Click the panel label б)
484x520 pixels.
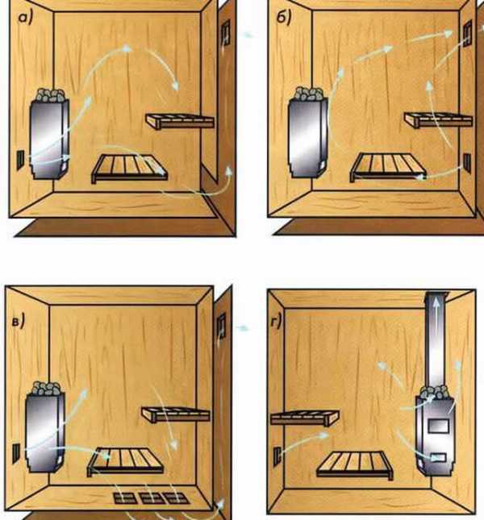pyautogui.click(x=284, y=17)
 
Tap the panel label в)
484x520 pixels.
pyautogui.click(x=19, y=322)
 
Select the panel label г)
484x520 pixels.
pyautogui.click(x=276, y=321)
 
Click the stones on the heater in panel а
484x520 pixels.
pyautogui.click(x=51, y=95)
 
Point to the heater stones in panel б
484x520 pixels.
pyautogui.click(x=309, y=94)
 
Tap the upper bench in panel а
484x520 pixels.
pyautogui.click(x=179, y=122)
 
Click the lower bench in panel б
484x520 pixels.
pyautogui.click(x=388, y=166)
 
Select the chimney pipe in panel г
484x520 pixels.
pyautogui.click(x=436, y=340)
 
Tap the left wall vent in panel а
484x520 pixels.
pyautogui.click(x=20, y=160)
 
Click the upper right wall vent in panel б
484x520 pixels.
pyautogui.click(x=467, y=33)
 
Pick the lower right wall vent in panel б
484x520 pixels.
pyautogui.click(x=467, y=163)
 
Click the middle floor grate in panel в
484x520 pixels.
pyautogui.click(x=151, y=497)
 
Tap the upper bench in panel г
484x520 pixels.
pyautogui.click(x=305, y=418)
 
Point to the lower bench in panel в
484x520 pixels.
pyautogui.click(x=125, y=462)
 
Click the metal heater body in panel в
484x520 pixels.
pyautogui.click(x=45, y=432)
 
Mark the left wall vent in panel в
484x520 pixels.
pyautogui.click(x=16, y=453)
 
